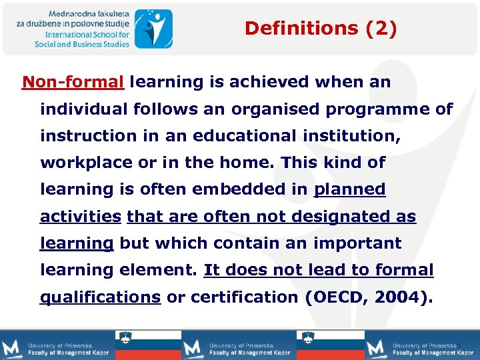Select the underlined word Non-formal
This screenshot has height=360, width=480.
[x=73, y=82]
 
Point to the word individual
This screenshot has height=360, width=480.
[x=86, y=109]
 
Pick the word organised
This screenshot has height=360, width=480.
[x=255, y=109]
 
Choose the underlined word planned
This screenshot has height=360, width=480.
[x=349, y=190]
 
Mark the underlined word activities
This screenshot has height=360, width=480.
[x=81, y=217]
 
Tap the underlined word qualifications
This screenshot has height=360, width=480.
[x=101, y=297]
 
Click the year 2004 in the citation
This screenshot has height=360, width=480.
[x=398, y=297]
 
